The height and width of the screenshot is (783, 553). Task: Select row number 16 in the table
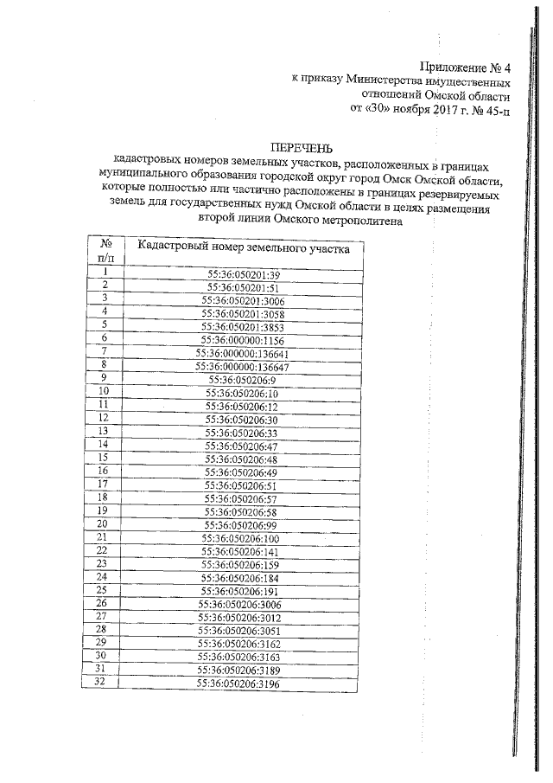pyautogui.click(x=103, y=471)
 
